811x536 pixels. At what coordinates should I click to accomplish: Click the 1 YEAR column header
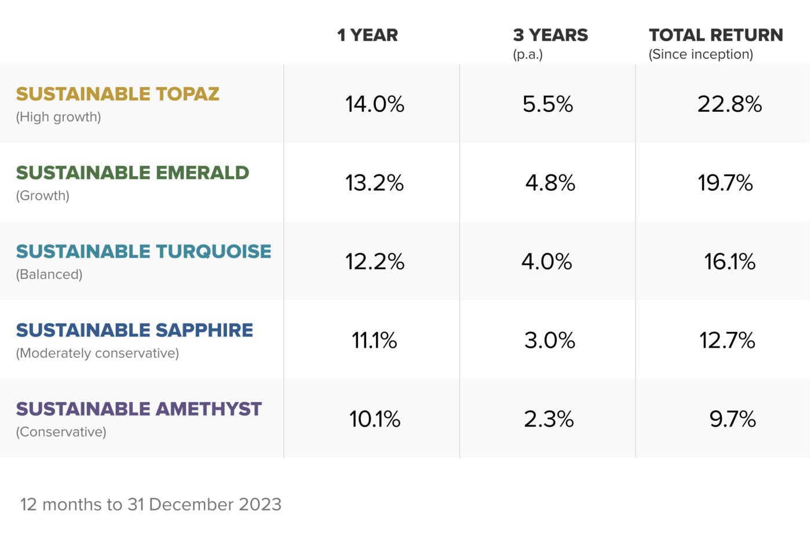367,35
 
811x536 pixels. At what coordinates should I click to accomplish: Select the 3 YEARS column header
550,35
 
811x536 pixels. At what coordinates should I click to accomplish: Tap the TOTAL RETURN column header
715,35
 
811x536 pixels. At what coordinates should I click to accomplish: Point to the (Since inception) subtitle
700,54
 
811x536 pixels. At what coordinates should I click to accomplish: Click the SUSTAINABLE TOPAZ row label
118,94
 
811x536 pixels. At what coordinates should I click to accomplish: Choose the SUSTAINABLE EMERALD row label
132,173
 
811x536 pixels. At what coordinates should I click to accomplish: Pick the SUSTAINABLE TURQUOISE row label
143,251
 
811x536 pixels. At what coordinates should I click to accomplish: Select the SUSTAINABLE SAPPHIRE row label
134,330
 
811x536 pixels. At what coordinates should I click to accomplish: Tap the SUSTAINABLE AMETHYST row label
138,409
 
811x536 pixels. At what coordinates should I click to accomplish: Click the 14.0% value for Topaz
374,104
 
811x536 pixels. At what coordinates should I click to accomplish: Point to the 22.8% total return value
729,104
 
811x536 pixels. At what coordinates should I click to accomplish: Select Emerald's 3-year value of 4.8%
550,183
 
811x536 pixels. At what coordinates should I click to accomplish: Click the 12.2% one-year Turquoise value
374,262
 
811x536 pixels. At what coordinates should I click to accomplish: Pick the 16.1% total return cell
729,262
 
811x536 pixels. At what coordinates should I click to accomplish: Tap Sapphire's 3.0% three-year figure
549,341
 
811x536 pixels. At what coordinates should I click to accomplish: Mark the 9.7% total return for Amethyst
732,420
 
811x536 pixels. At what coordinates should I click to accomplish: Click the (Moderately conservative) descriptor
97,353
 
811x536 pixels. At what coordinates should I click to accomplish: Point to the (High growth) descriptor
59,117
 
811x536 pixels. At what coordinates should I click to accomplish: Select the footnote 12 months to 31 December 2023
151,505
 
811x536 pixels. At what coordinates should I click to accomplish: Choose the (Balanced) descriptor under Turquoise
49,275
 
